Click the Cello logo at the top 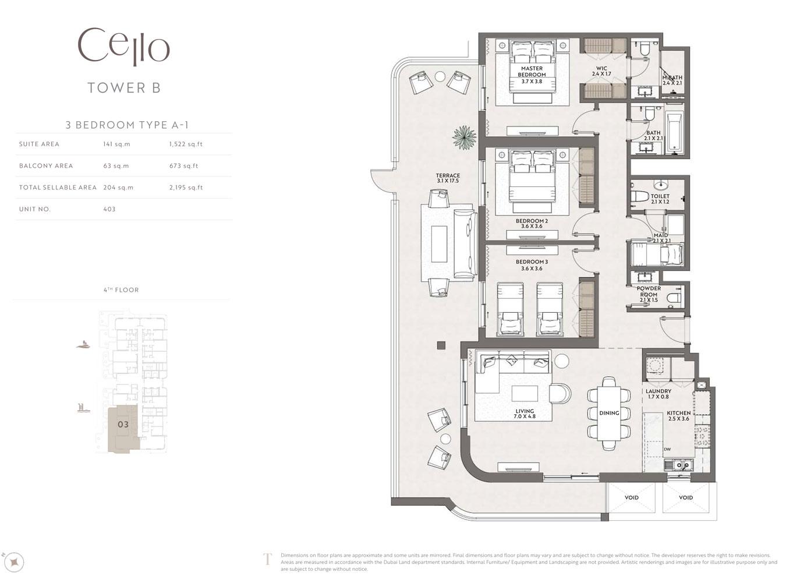point(123,47)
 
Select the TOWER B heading point(124,88)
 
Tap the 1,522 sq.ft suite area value point(186,144)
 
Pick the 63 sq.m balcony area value point(116,166)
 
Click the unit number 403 point(109,209)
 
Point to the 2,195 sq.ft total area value point(186,188)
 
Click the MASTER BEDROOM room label point(532,71)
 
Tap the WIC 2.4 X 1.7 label point(601,71)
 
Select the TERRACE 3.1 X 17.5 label point(448,178)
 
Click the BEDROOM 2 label point(532,221)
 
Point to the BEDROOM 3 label point(532,262)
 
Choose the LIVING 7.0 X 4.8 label point(525,414)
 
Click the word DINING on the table point(609,413)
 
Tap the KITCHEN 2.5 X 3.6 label point(678,415)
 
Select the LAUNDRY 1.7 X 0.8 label point(658,394)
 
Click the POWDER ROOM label point(649,292)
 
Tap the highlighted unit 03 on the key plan point(123,425)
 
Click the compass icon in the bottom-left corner point(15,562)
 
